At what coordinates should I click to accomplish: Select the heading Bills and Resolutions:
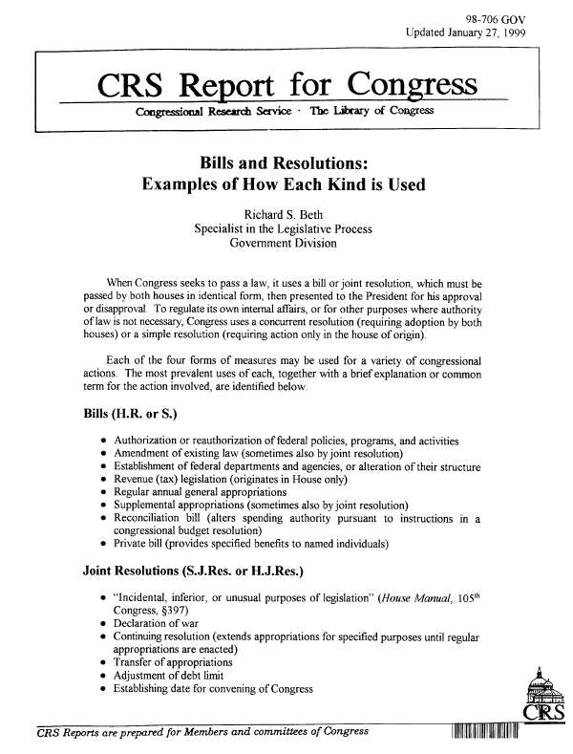(284, 158)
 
